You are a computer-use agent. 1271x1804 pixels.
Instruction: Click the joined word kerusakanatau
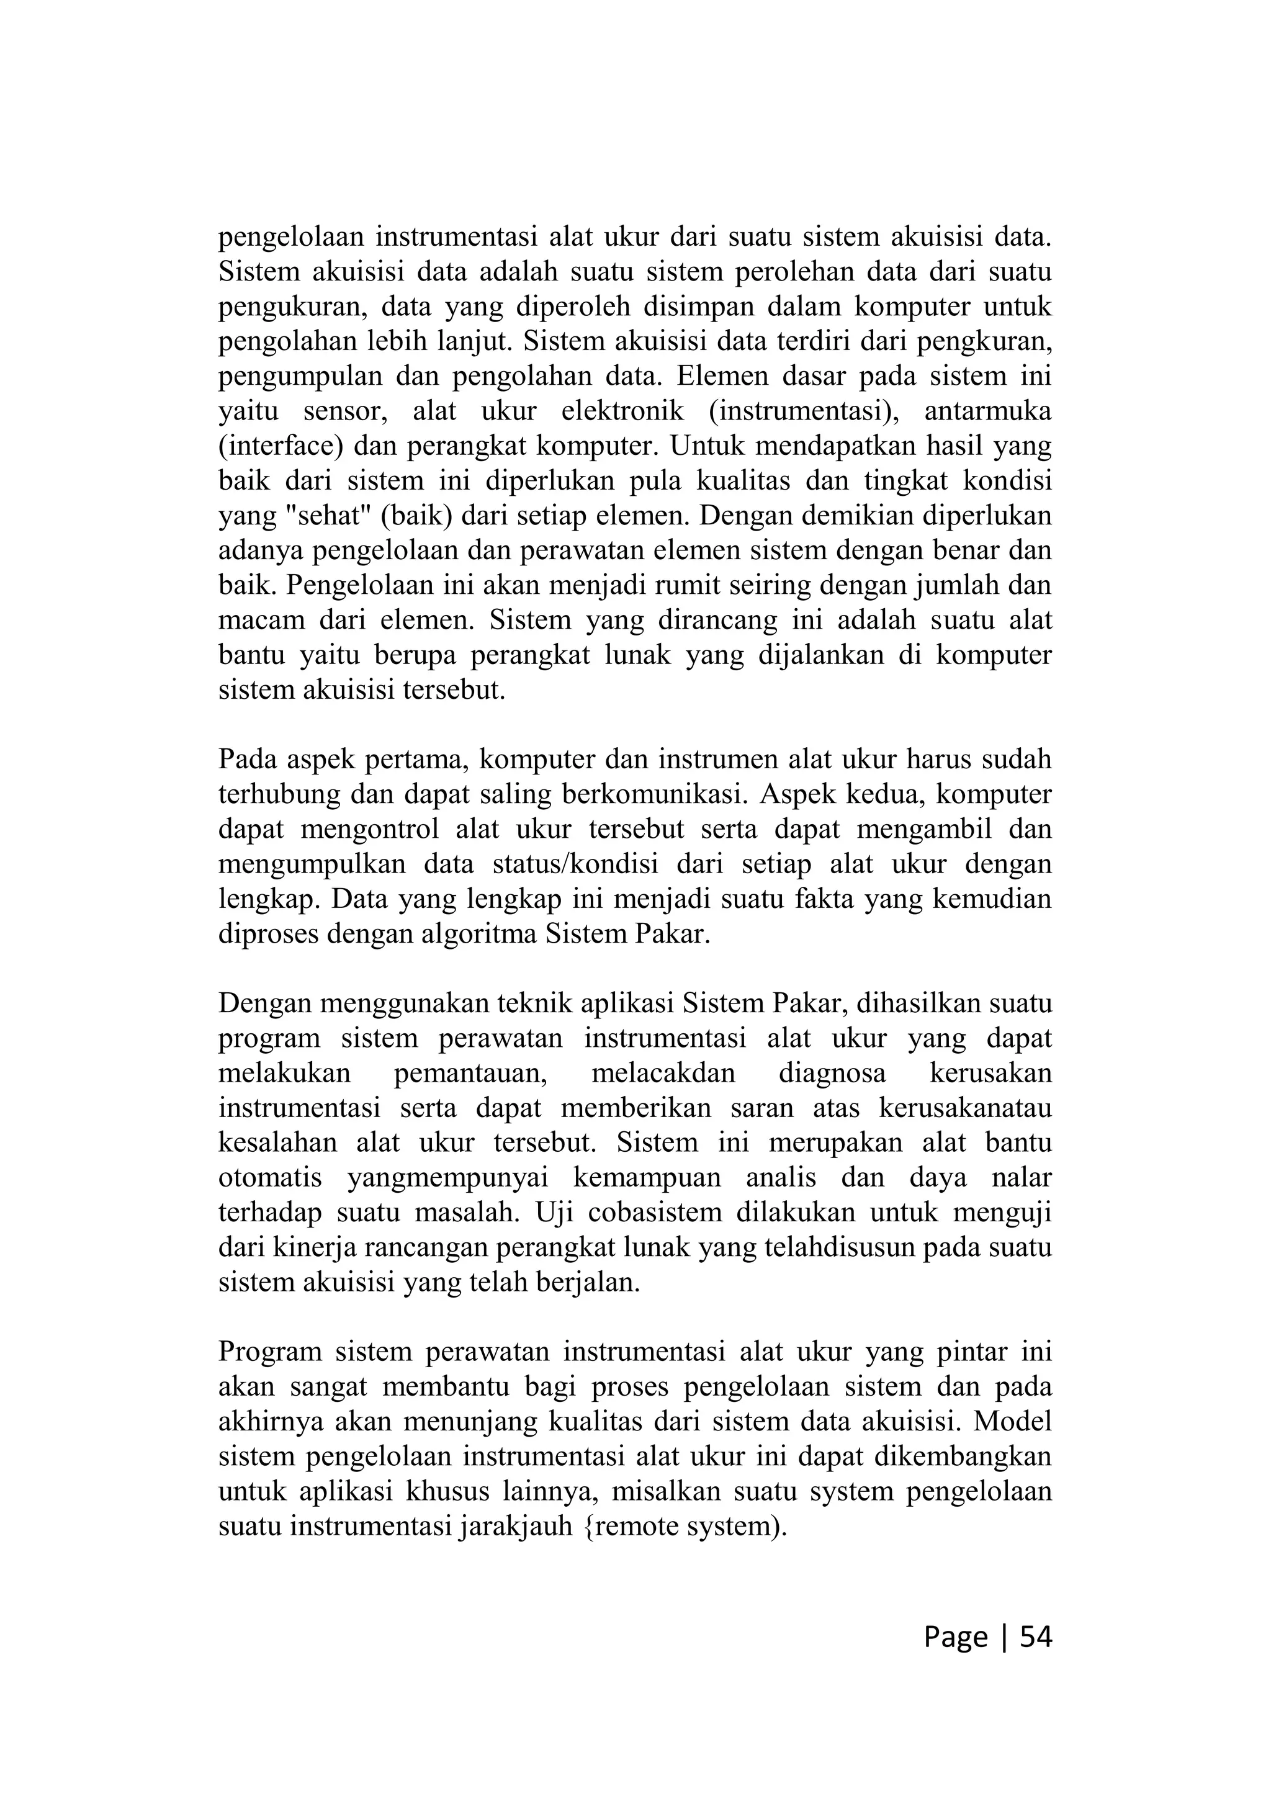(x=964, y=1108)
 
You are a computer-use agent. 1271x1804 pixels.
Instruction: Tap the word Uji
(x=553, y=1213)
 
